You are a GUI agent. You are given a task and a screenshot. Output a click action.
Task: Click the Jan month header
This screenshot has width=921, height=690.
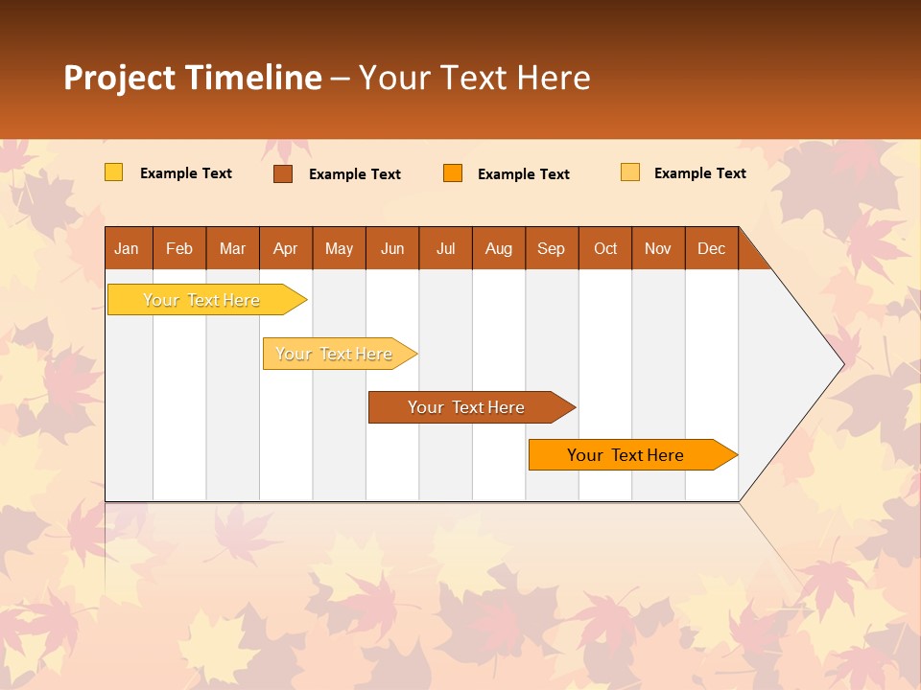click(128, 248)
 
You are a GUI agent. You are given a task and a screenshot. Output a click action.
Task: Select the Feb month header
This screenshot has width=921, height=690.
click(179, 248)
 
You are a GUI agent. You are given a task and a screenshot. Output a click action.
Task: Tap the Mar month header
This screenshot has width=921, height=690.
click(232, 248)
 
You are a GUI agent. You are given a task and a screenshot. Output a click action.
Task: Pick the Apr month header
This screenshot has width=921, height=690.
click(286, 248)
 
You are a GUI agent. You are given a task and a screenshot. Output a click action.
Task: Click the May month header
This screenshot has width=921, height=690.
click(339, 248)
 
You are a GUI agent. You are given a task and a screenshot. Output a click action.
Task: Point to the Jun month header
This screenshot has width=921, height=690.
click(392, 248)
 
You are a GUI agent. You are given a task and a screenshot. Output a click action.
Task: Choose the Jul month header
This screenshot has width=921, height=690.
click(445, 248)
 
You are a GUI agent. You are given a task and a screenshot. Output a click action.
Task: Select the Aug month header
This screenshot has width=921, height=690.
click(499, 248)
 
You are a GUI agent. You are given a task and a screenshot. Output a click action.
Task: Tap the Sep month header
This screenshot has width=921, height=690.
click(552, 248)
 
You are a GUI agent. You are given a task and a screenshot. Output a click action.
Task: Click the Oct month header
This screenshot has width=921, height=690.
click(605, 248)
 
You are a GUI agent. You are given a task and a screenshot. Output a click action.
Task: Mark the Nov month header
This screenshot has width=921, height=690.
click(658, 248)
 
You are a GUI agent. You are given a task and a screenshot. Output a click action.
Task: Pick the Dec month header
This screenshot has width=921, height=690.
click(712, 248)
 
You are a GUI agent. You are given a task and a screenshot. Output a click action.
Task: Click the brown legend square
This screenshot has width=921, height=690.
click(283, 173)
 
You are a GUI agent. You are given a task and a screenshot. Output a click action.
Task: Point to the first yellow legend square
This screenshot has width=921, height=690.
click(113, 172)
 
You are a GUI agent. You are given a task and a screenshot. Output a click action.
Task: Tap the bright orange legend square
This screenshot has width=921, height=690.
click(453, 173)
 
